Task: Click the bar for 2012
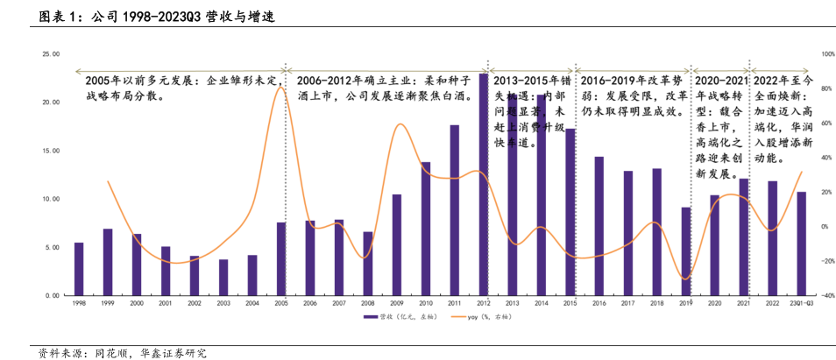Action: pyautogui.click(x=483, y=185)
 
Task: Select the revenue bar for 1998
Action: pyautogui.click(x=79, y=269)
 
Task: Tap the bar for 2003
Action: pyautogui.click(x=223, y=278)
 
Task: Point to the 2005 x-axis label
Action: pyautogui.click(x=280, y=302)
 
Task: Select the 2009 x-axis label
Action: pyautogui.click(x=396, y=302)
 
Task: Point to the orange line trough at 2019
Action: pyautogui.click(x=685, y=279)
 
